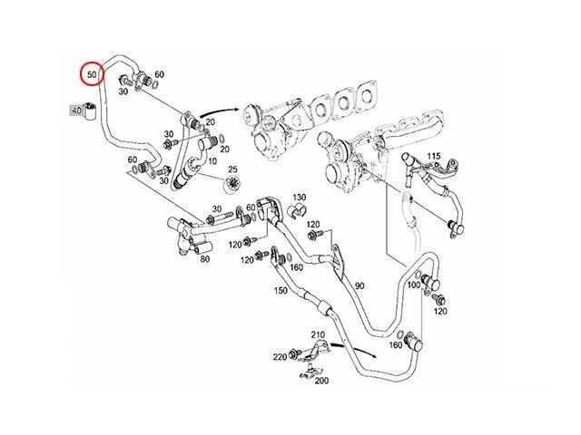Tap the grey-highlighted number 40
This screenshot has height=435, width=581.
click(76, 111)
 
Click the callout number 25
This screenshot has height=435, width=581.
click(233, 169)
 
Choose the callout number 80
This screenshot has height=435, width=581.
click(205, 259)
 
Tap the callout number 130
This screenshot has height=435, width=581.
click(299, 197)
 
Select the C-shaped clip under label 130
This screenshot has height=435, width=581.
click(297, 212)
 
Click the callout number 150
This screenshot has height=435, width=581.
click(281, 290)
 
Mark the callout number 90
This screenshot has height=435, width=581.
click(359, 286)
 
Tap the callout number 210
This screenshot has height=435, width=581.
click(319, 334)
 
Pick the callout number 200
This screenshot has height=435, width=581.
click(321, 382)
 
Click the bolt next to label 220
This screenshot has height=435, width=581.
click(296, 353)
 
